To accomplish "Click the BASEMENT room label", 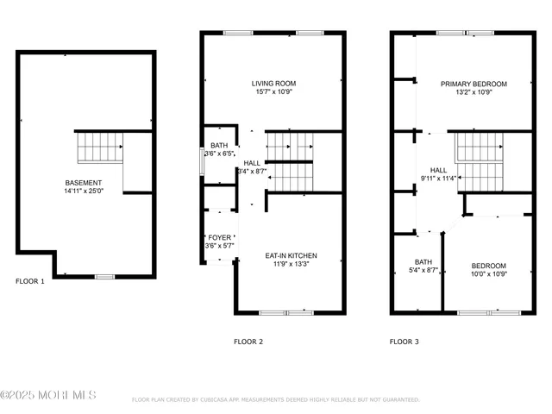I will point(84,183).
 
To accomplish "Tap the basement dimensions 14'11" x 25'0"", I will point(84,191).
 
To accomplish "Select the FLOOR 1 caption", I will point(30,281).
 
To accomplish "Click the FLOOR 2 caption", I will point(248,342).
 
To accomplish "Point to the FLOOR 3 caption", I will point(404,342).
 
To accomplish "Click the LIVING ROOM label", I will point(273,84).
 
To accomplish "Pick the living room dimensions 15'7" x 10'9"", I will point(273,92).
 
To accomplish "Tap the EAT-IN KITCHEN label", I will point(291,256).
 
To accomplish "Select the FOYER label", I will point(219,237).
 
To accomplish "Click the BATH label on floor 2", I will point(219,146).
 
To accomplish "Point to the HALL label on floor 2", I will point(252,162).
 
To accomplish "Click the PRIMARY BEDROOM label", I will point(474,84).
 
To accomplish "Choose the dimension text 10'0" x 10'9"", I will point(488,274).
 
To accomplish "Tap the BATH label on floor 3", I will point(423,261).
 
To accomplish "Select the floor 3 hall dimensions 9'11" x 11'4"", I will point(439,179).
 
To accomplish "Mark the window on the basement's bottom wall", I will point(104,276).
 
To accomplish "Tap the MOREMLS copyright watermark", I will point(48,396).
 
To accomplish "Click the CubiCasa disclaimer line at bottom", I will point(275,399).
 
